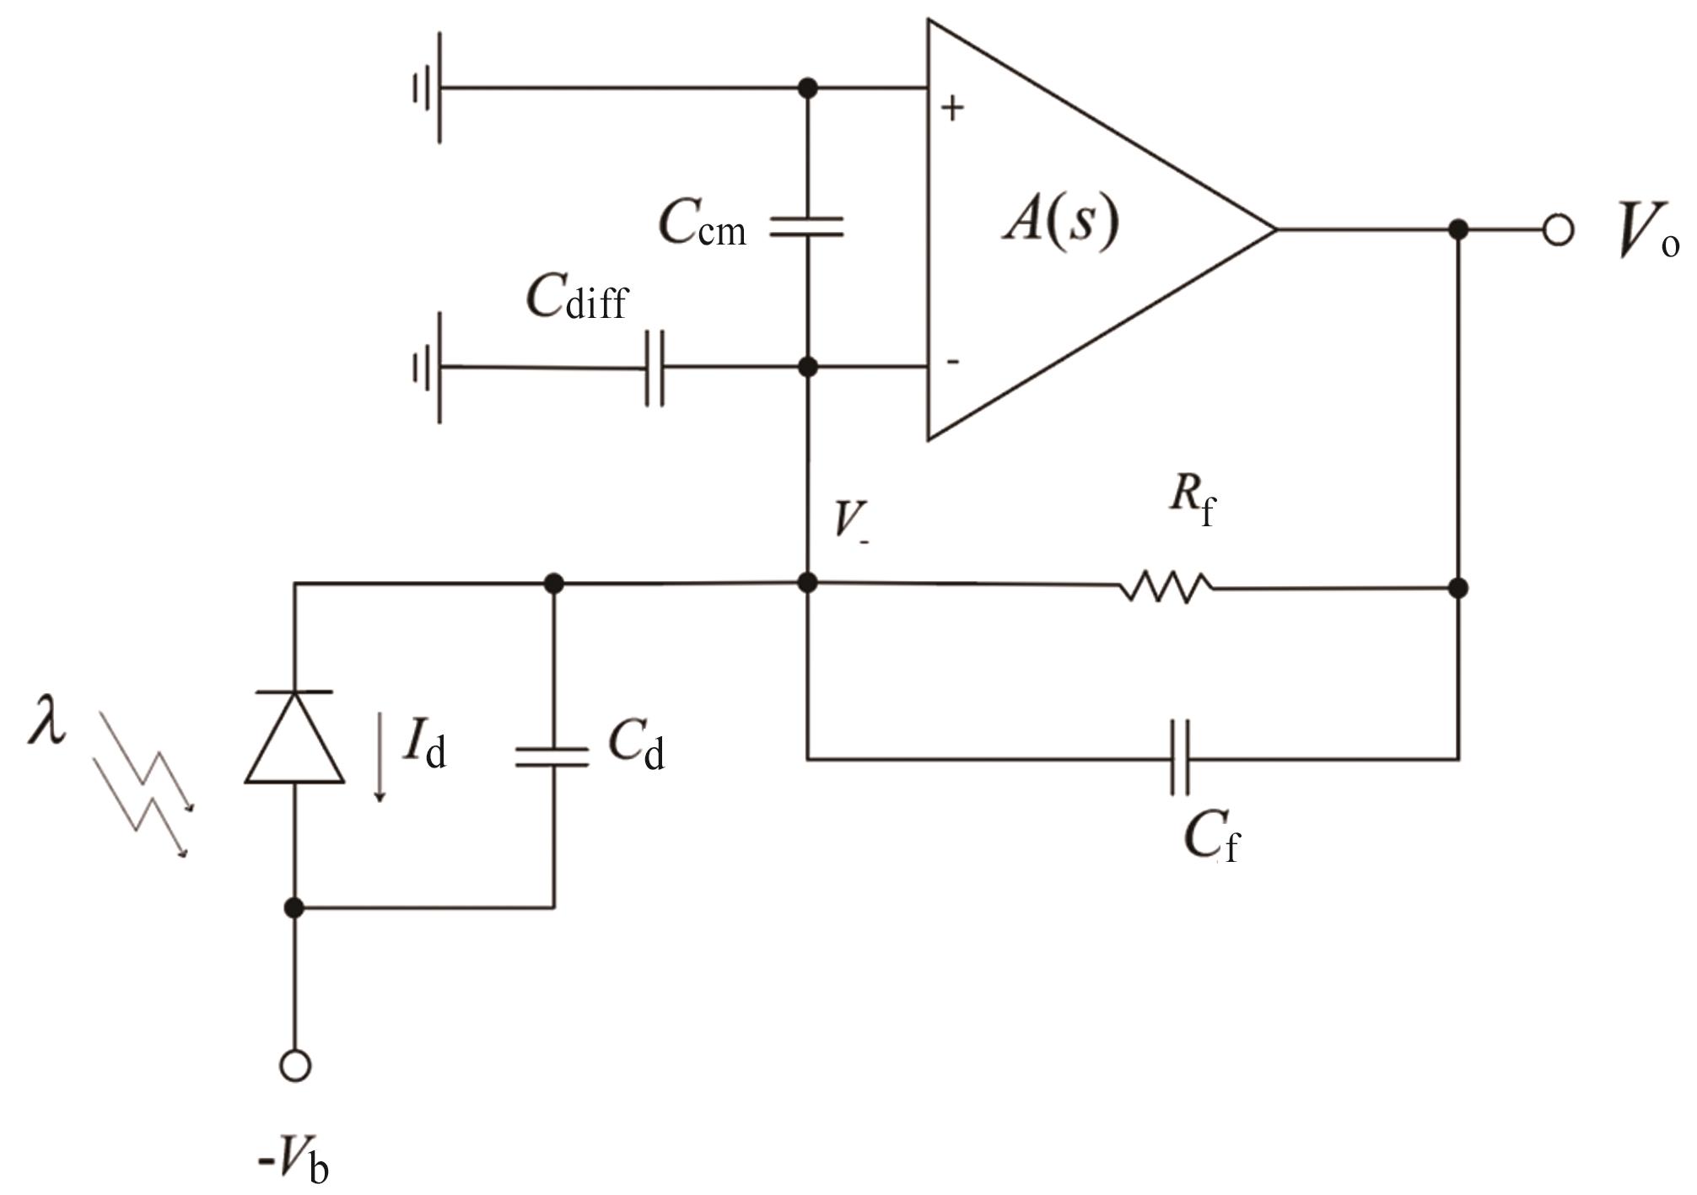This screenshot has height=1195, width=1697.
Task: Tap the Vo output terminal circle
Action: click(x=1558, y=229)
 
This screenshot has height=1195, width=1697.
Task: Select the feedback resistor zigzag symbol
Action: click(x=1166, y=587)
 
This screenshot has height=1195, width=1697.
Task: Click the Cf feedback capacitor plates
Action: click(x=1180, y=758)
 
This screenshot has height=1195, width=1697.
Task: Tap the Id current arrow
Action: click(x=380, y=756)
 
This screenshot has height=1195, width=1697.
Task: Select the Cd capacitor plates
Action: click(x=552, y=756)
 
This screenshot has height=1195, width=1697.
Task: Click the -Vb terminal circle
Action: click(x=294, y=1066)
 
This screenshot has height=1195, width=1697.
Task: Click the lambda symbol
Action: click(x=46, y=719)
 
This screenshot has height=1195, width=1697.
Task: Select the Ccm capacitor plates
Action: click(x=807, y=227)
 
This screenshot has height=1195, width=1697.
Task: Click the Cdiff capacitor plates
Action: click(x=655, y=368)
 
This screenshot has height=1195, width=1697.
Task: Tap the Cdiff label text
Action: click(x=578, y=297)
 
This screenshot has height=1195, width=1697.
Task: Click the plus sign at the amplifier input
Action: click(x=952, y=108)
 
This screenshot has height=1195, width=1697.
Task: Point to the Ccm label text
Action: click(x=702, y=223)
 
